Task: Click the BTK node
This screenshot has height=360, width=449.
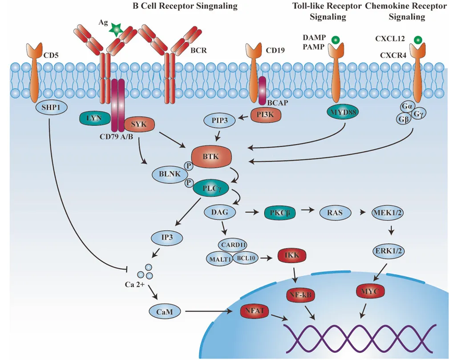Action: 211,157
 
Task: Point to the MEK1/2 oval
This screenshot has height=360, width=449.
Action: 389,213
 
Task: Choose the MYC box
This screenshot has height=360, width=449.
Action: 370,292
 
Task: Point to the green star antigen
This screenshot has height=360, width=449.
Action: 116,29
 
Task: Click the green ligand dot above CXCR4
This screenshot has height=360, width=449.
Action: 417,40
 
